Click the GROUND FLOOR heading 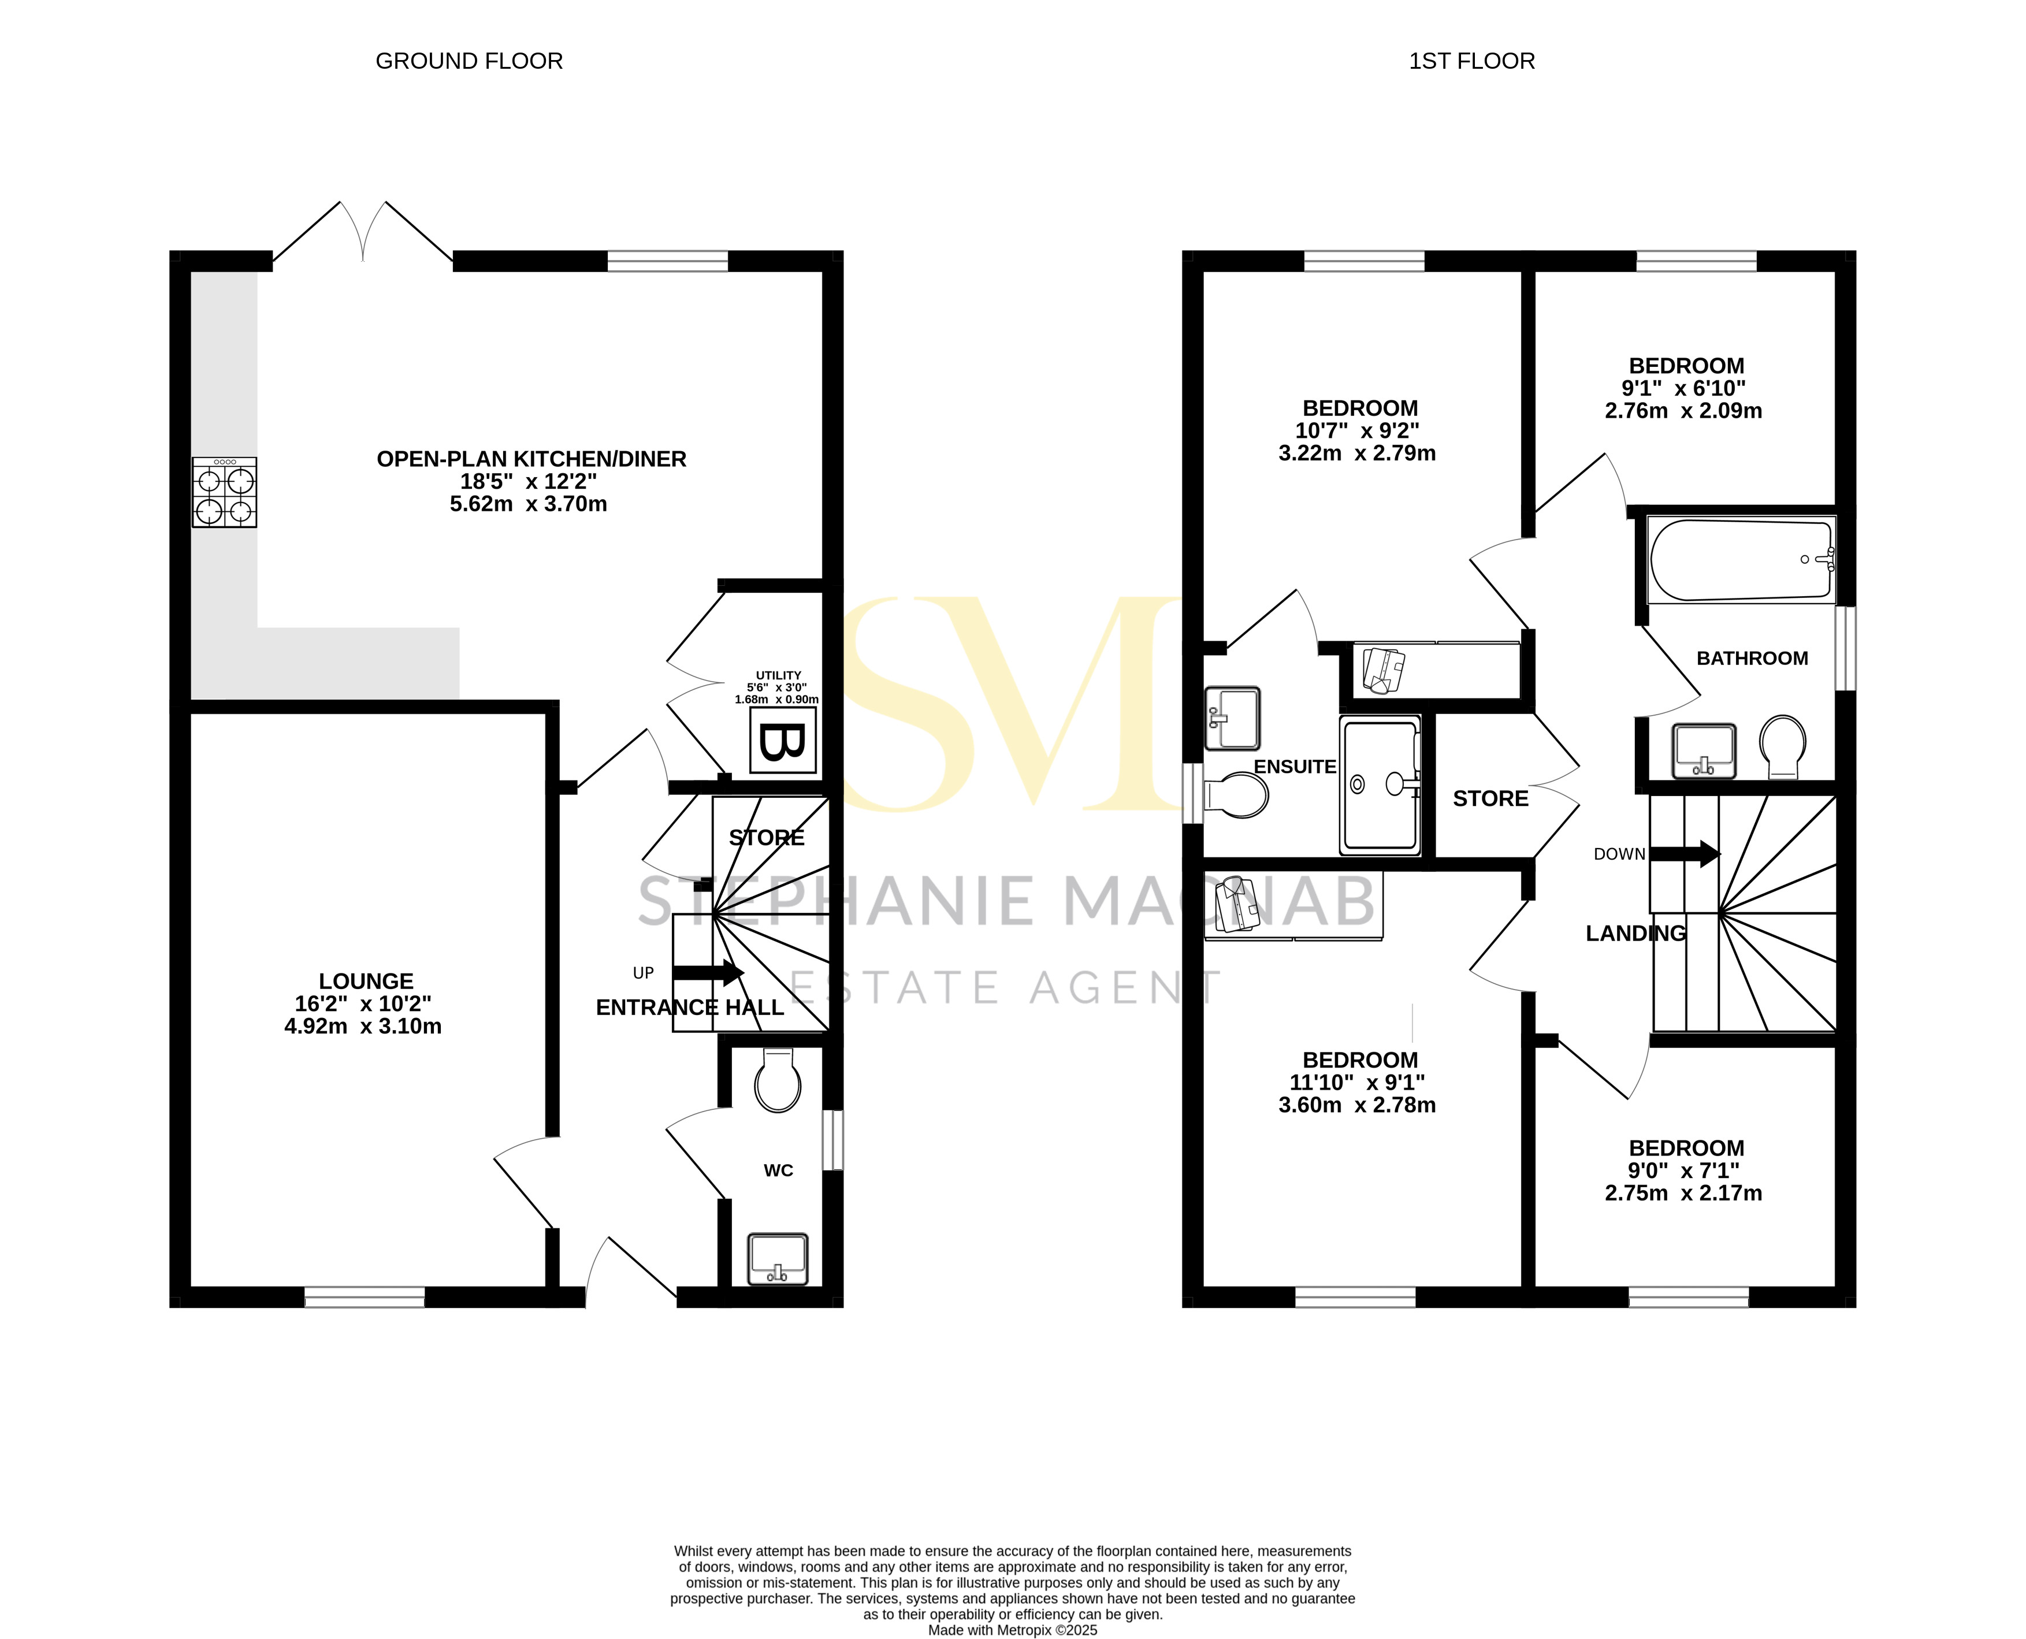469,61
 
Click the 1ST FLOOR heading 1472,61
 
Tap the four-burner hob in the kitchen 225,492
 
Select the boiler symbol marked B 783,741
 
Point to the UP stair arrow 708,972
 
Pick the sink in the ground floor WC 777,1258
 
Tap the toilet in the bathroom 1782,746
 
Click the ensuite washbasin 1233,718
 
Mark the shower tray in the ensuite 1380,785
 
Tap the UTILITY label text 778,675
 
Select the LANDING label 1635,934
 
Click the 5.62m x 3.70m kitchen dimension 529,504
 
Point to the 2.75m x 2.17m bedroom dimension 1683,1194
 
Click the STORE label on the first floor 1490,799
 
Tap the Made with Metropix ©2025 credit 1012,1630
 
